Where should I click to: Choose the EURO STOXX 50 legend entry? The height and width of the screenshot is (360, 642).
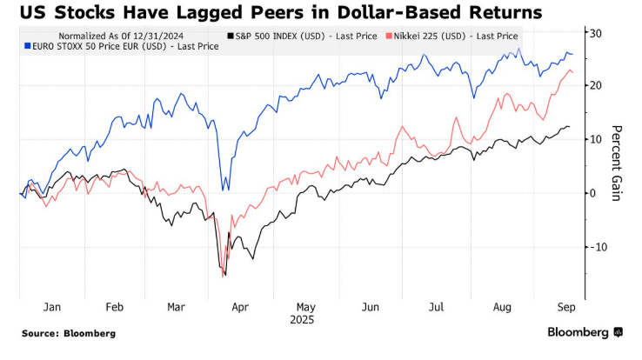(124, 46)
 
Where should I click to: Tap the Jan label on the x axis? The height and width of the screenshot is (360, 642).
(51, 307)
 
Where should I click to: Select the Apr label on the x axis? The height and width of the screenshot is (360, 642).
(241, 307)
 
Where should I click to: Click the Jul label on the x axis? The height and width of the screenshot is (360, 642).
(436, 307)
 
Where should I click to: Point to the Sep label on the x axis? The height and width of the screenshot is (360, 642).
(565, 307)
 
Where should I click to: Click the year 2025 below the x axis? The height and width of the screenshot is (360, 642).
(304, 319)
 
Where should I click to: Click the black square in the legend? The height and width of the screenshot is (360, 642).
(228, 37)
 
